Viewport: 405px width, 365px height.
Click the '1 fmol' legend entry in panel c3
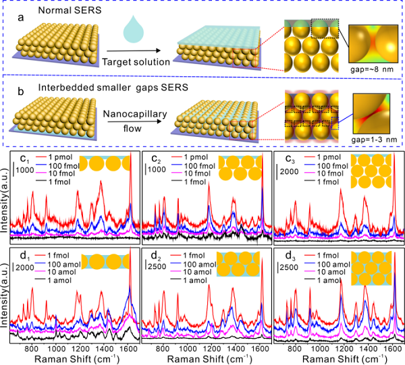[330, 184]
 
